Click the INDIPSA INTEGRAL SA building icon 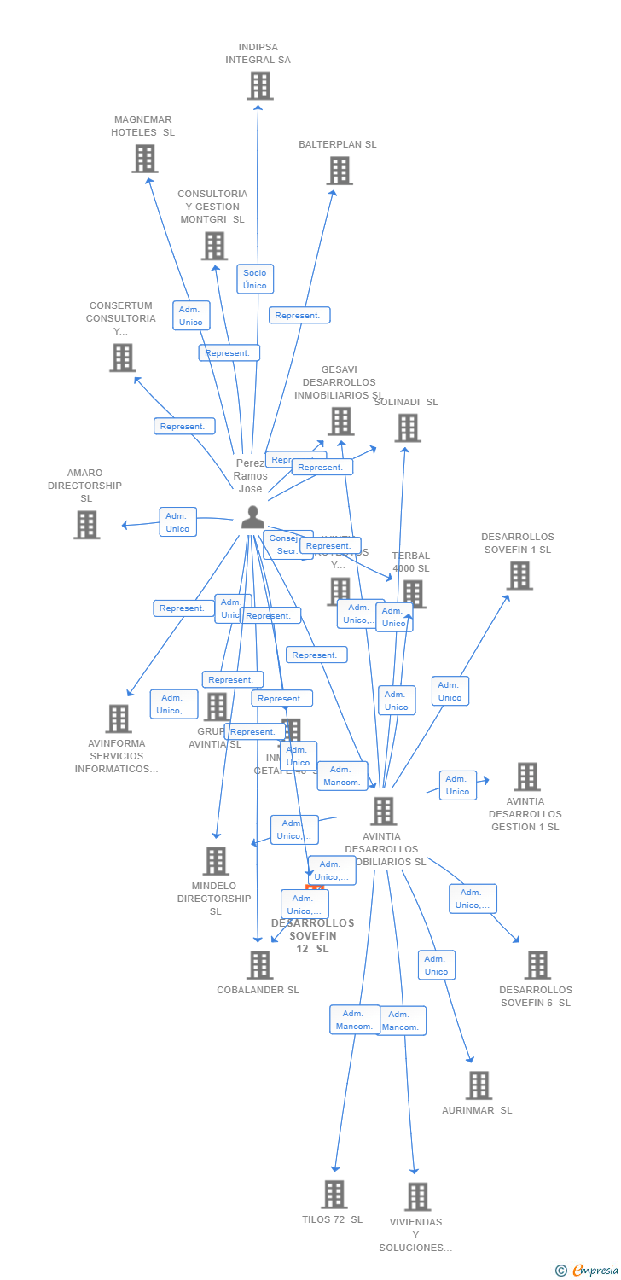coord(260,86)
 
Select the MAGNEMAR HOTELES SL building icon coord(145,159)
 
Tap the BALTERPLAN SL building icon coord(340,171)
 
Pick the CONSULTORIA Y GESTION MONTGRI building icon coord(214,247)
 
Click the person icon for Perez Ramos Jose coord(252,517)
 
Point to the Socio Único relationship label coord(255,279)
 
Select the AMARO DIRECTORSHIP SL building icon coord(86,525)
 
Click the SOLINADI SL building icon coord(408,428)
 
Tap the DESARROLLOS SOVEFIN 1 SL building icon coord(519,576)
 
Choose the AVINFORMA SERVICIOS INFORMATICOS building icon coord(119,719)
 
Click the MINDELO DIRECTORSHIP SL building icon coord(217,861)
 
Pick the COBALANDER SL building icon coord(259,965)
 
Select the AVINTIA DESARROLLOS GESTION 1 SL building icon coord(527,777)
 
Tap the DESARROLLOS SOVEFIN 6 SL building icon coord(537,965)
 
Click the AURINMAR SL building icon coord(479,1085)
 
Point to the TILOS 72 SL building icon coord(334,1195)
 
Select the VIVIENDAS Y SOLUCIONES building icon coord(417,1197)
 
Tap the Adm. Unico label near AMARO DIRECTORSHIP coord(177,522)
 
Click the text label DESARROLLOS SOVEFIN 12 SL coord(312,936)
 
